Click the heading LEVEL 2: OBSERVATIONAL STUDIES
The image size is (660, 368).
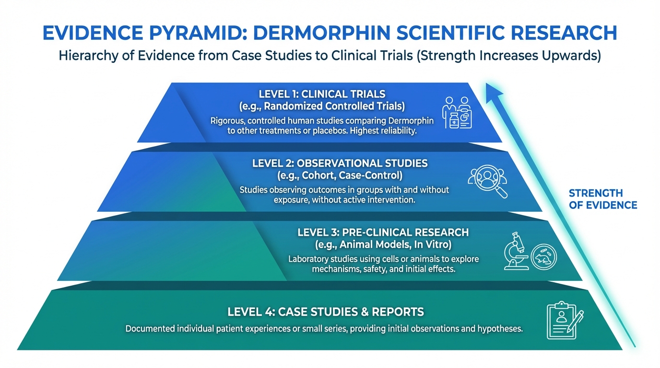[340, 163]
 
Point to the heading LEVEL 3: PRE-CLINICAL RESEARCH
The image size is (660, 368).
[383, 232]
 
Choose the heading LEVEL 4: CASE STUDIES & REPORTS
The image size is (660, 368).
[326, 312]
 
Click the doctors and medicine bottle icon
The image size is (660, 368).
[457, 113]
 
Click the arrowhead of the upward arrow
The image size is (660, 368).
[491, 89]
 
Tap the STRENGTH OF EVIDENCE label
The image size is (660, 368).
[602, 199]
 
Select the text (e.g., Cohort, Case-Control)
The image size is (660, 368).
[340, 175]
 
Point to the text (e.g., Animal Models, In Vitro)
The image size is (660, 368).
[383, 244]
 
